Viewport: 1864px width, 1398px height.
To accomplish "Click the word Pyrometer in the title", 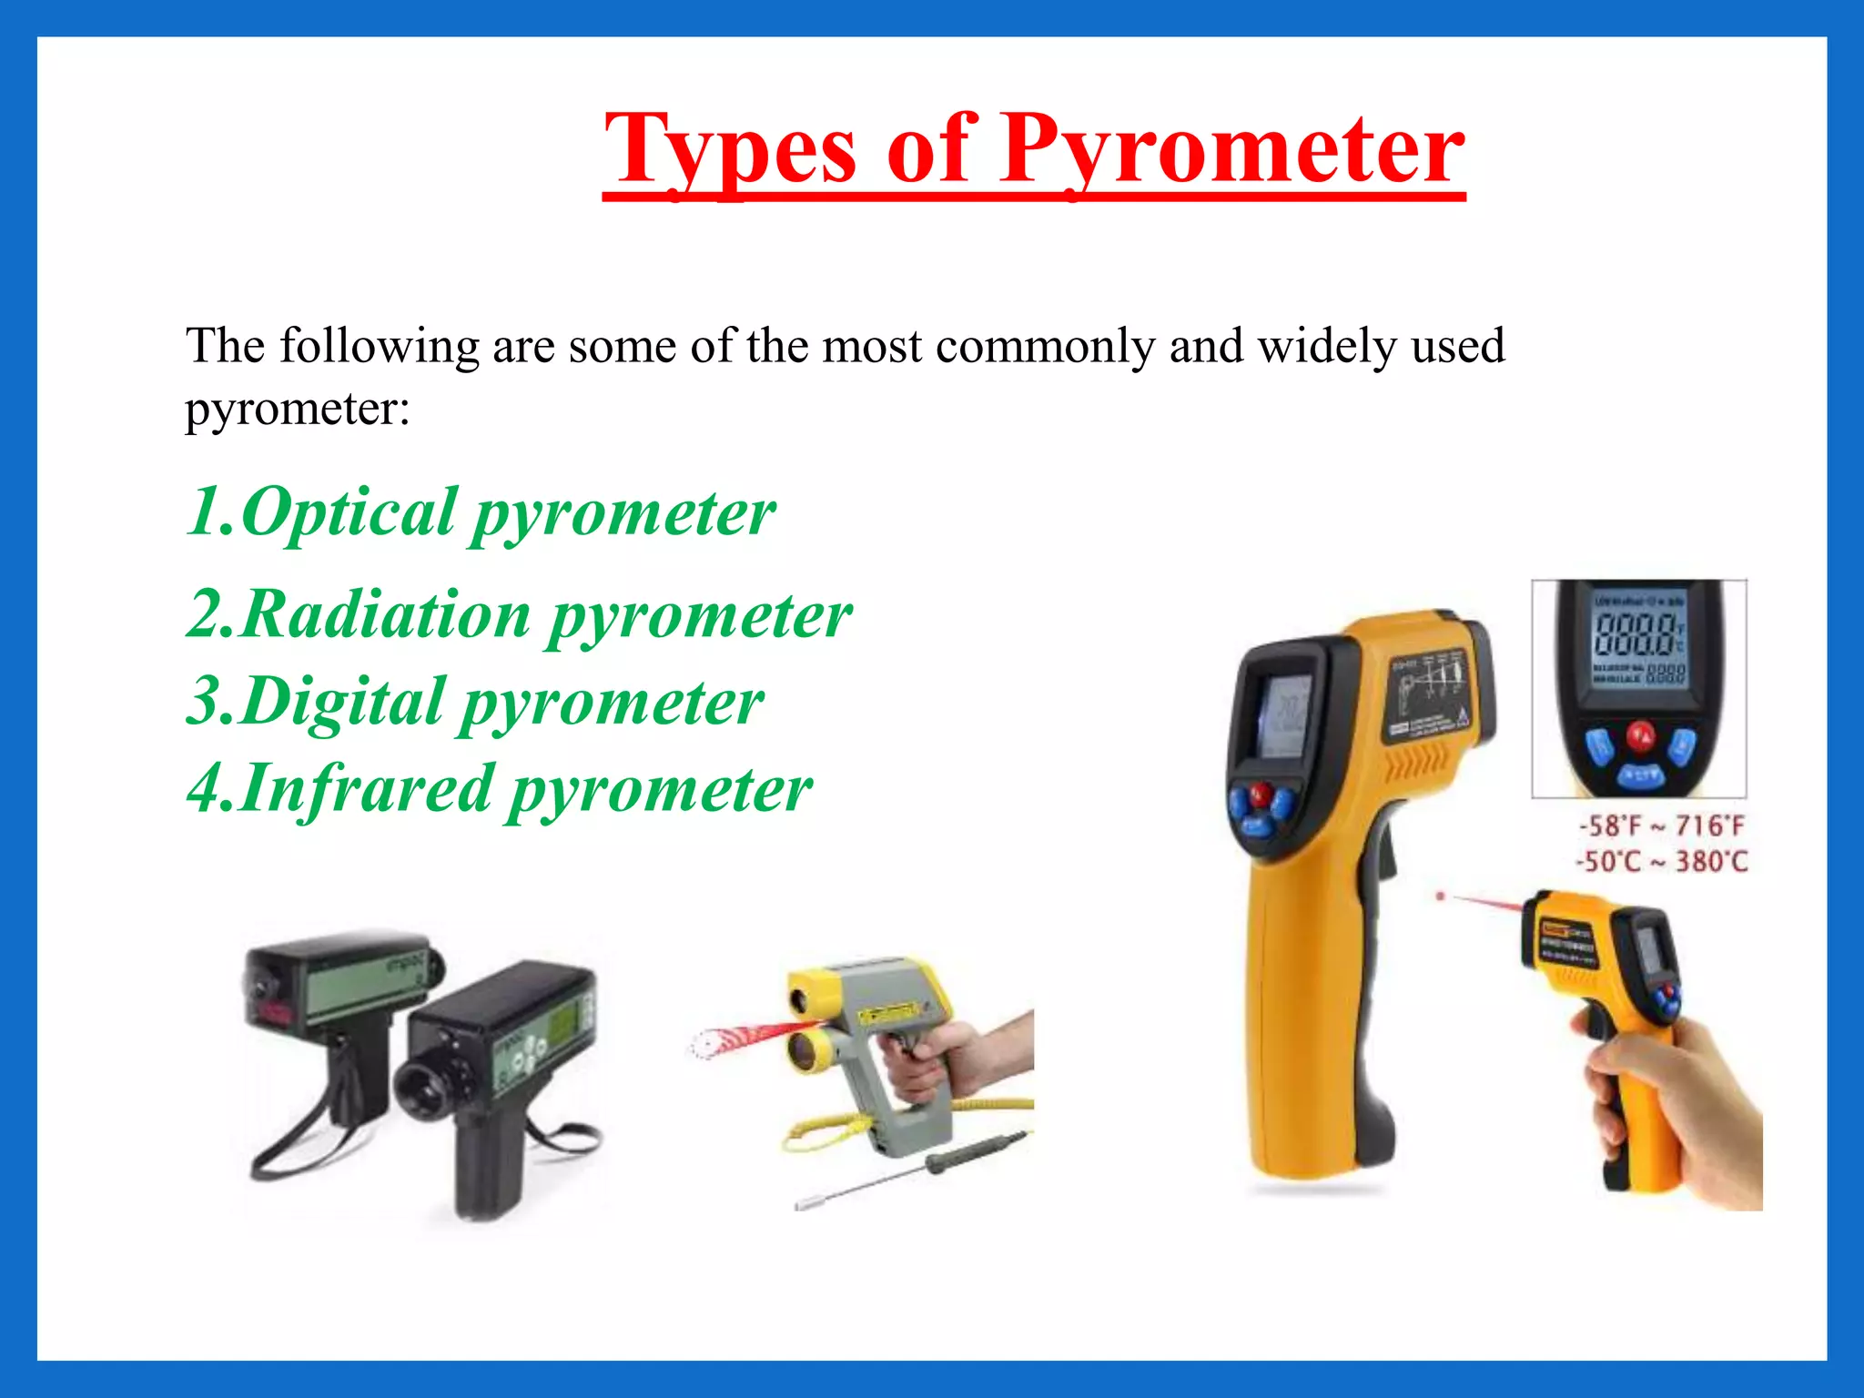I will [x=1233, y=150].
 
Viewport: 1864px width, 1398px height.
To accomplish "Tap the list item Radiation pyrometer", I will [x=519, y=615].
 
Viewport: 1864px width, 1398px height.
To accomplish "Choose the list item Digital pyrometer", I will [x=475, y=703].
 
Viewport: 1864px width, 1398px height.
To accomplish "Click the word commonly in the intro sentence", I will [x=1044, y=347].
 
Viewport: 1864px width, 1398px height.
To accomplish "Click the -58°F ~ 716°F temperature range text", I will [x=1662, y=826].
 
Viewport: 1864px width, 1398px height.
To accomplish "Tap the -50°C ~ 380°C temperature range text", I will [x=1662, y=861].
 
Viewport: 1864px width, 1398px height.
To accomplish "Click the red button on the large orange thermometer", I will [x=1259, y=794].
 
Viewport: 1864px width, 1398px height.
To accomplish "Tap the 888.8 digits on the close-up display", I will [x=1636, y=634].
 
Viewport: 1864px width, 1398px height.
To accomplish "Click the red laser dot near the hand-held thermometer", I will [x=1440, y=897].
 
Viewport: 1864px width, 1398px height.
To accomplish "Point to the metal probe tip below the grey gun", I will [x=806, y=1203].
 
